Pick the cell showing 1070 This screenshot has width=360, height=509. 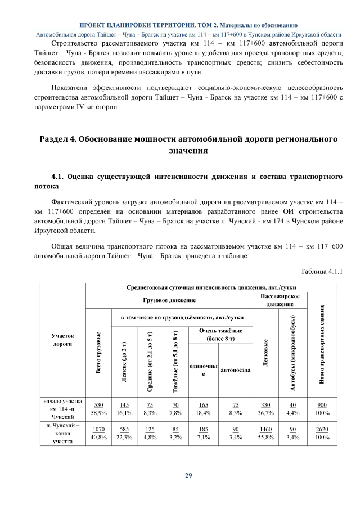click(99, 430)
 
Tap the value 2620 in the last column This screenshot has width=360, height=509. click(322, 430)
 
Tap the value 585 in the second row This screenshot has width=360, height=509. click(125, 430)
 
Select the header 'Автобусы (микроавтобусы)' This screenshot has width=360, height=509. click(292, 352)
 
